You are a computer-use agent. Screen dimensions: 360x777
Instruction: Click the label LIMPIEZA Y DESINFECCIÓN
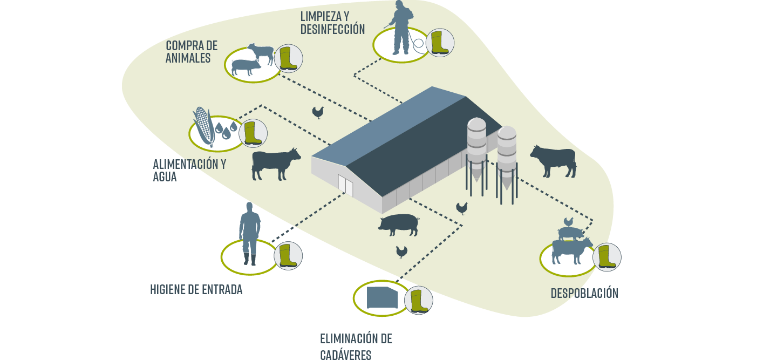(x=332, y=23)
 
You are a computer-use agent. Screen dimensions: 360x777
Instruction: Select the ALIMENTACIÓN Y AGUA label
(x=189, y=170)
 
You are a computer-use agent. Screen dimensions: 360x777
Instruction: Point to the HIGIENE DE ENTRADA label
(x=196, y=290)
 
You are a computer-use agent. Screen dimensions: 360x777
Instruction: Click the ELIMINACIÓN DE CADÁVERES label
(x=356, y=347)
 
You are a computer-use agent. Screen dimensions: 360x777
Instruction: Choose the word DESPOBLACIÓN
(x=584, y=293)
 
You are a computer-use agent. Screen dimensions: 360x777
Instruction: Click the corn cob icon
(x=203, y=126)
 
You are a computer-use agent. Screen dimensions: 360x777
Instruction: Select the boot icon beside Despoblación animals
(x=607, y=257)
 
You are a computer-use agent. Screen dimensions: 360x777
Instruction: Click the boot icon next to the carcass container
(x=419, y=301)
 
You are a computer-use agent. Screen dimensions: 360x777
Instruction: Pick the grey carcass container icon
(x=382, y=297)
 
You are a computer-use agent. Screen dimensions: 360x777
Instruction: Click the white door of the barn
(x=345, y=185)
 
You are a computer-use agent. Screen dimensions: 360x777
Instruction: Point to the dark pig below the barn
(x=399, y=225)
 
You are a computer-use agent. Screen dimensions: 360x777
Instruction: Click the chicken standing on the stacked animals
(x=568, y=222)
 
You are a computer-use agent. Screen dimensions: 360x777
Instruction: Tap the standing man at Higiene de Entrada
(x=249, y=234)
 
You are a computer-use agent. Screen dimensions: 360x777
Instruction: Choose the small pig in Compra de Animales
(x=246, y=67)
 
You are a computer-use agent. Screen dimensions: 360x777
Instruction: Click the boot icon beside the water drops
(x=252, y=133)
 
